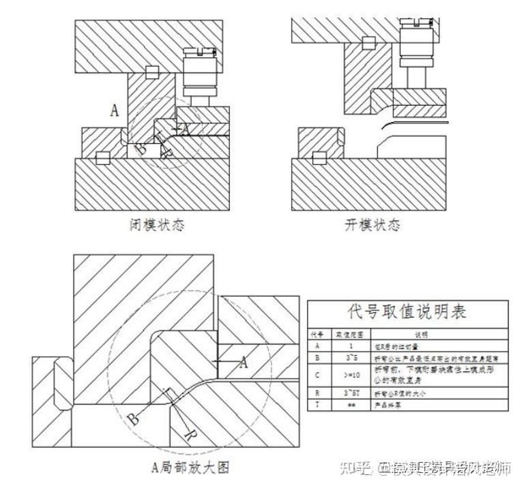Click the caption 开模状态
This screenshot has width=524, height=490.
tap(372, 224)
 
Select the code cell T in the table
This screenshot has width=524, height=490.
tap(318, 404)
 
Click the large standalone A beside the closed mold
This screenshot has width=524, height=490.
tap(115, 110)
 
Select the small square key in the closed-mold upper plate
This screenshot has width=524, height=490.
tap(152, 71)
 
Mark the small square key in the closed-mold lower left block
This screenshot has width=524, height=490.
tap(103, 158)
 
